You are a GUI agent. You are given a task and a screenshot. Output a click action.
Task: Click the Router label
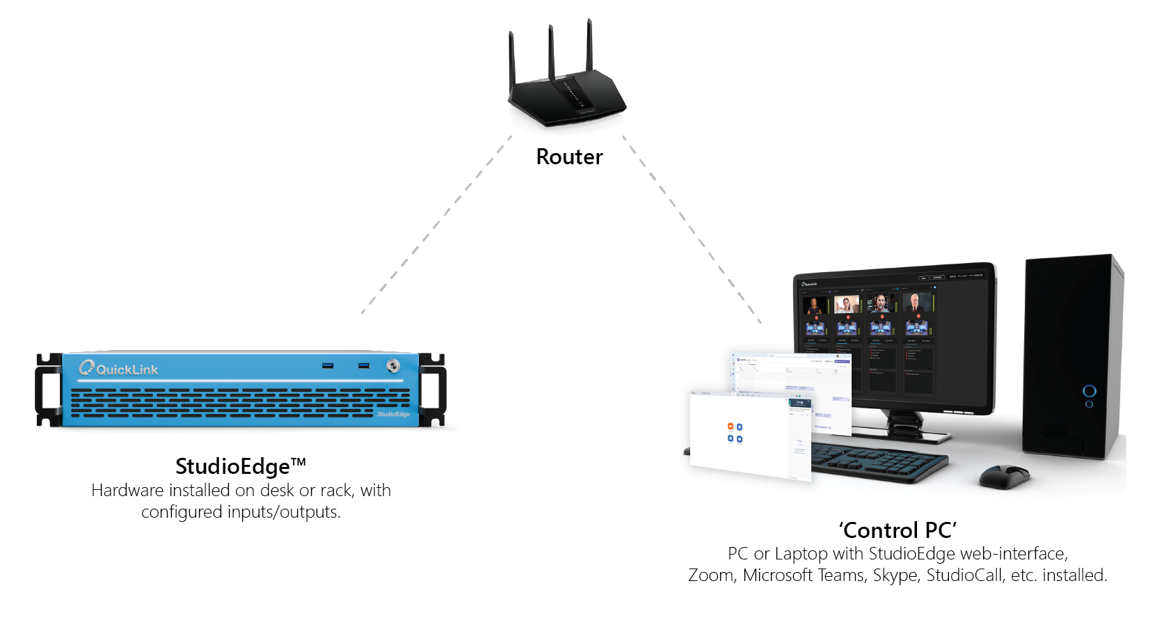point(569,157)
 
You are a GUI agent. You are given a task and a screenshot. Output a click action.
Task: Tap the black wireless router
point(567,101)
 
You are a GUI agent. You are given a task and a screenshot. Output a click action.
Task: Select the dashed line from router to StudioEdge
point(436,225)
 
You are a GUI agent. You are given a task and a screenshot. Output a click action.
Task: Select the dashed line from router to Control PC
point(692,230)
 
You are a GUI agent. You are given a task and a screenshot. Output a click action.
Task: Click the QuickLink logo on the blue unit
point(119,369)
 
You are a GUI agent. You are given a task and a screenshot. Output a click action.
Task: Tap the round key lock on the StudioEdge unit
point(393,366)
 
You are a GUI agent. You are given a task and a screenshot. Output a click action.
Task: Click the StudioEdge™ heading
point(240,466)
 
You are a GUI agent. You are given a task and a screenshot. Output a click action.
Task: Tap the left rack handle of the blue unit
point(49,390)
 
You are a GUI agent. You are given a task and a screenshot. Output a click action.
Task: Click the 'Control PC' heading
point(898,530)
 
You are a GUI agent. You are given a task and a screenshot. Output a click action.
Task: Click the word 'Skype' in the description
point(895,575)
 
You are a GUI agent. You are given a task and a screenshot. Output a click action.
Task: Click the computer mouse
point(1004,476)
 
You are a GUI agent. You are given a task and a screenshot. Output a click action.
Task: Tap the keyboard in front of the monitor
point(879,462)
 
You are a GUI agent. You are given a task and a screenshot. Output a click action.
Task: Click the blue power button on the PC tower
point(1090,390)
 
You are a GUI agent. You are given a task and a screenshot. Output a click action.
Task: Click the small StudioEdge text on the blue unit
point(393,414)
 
